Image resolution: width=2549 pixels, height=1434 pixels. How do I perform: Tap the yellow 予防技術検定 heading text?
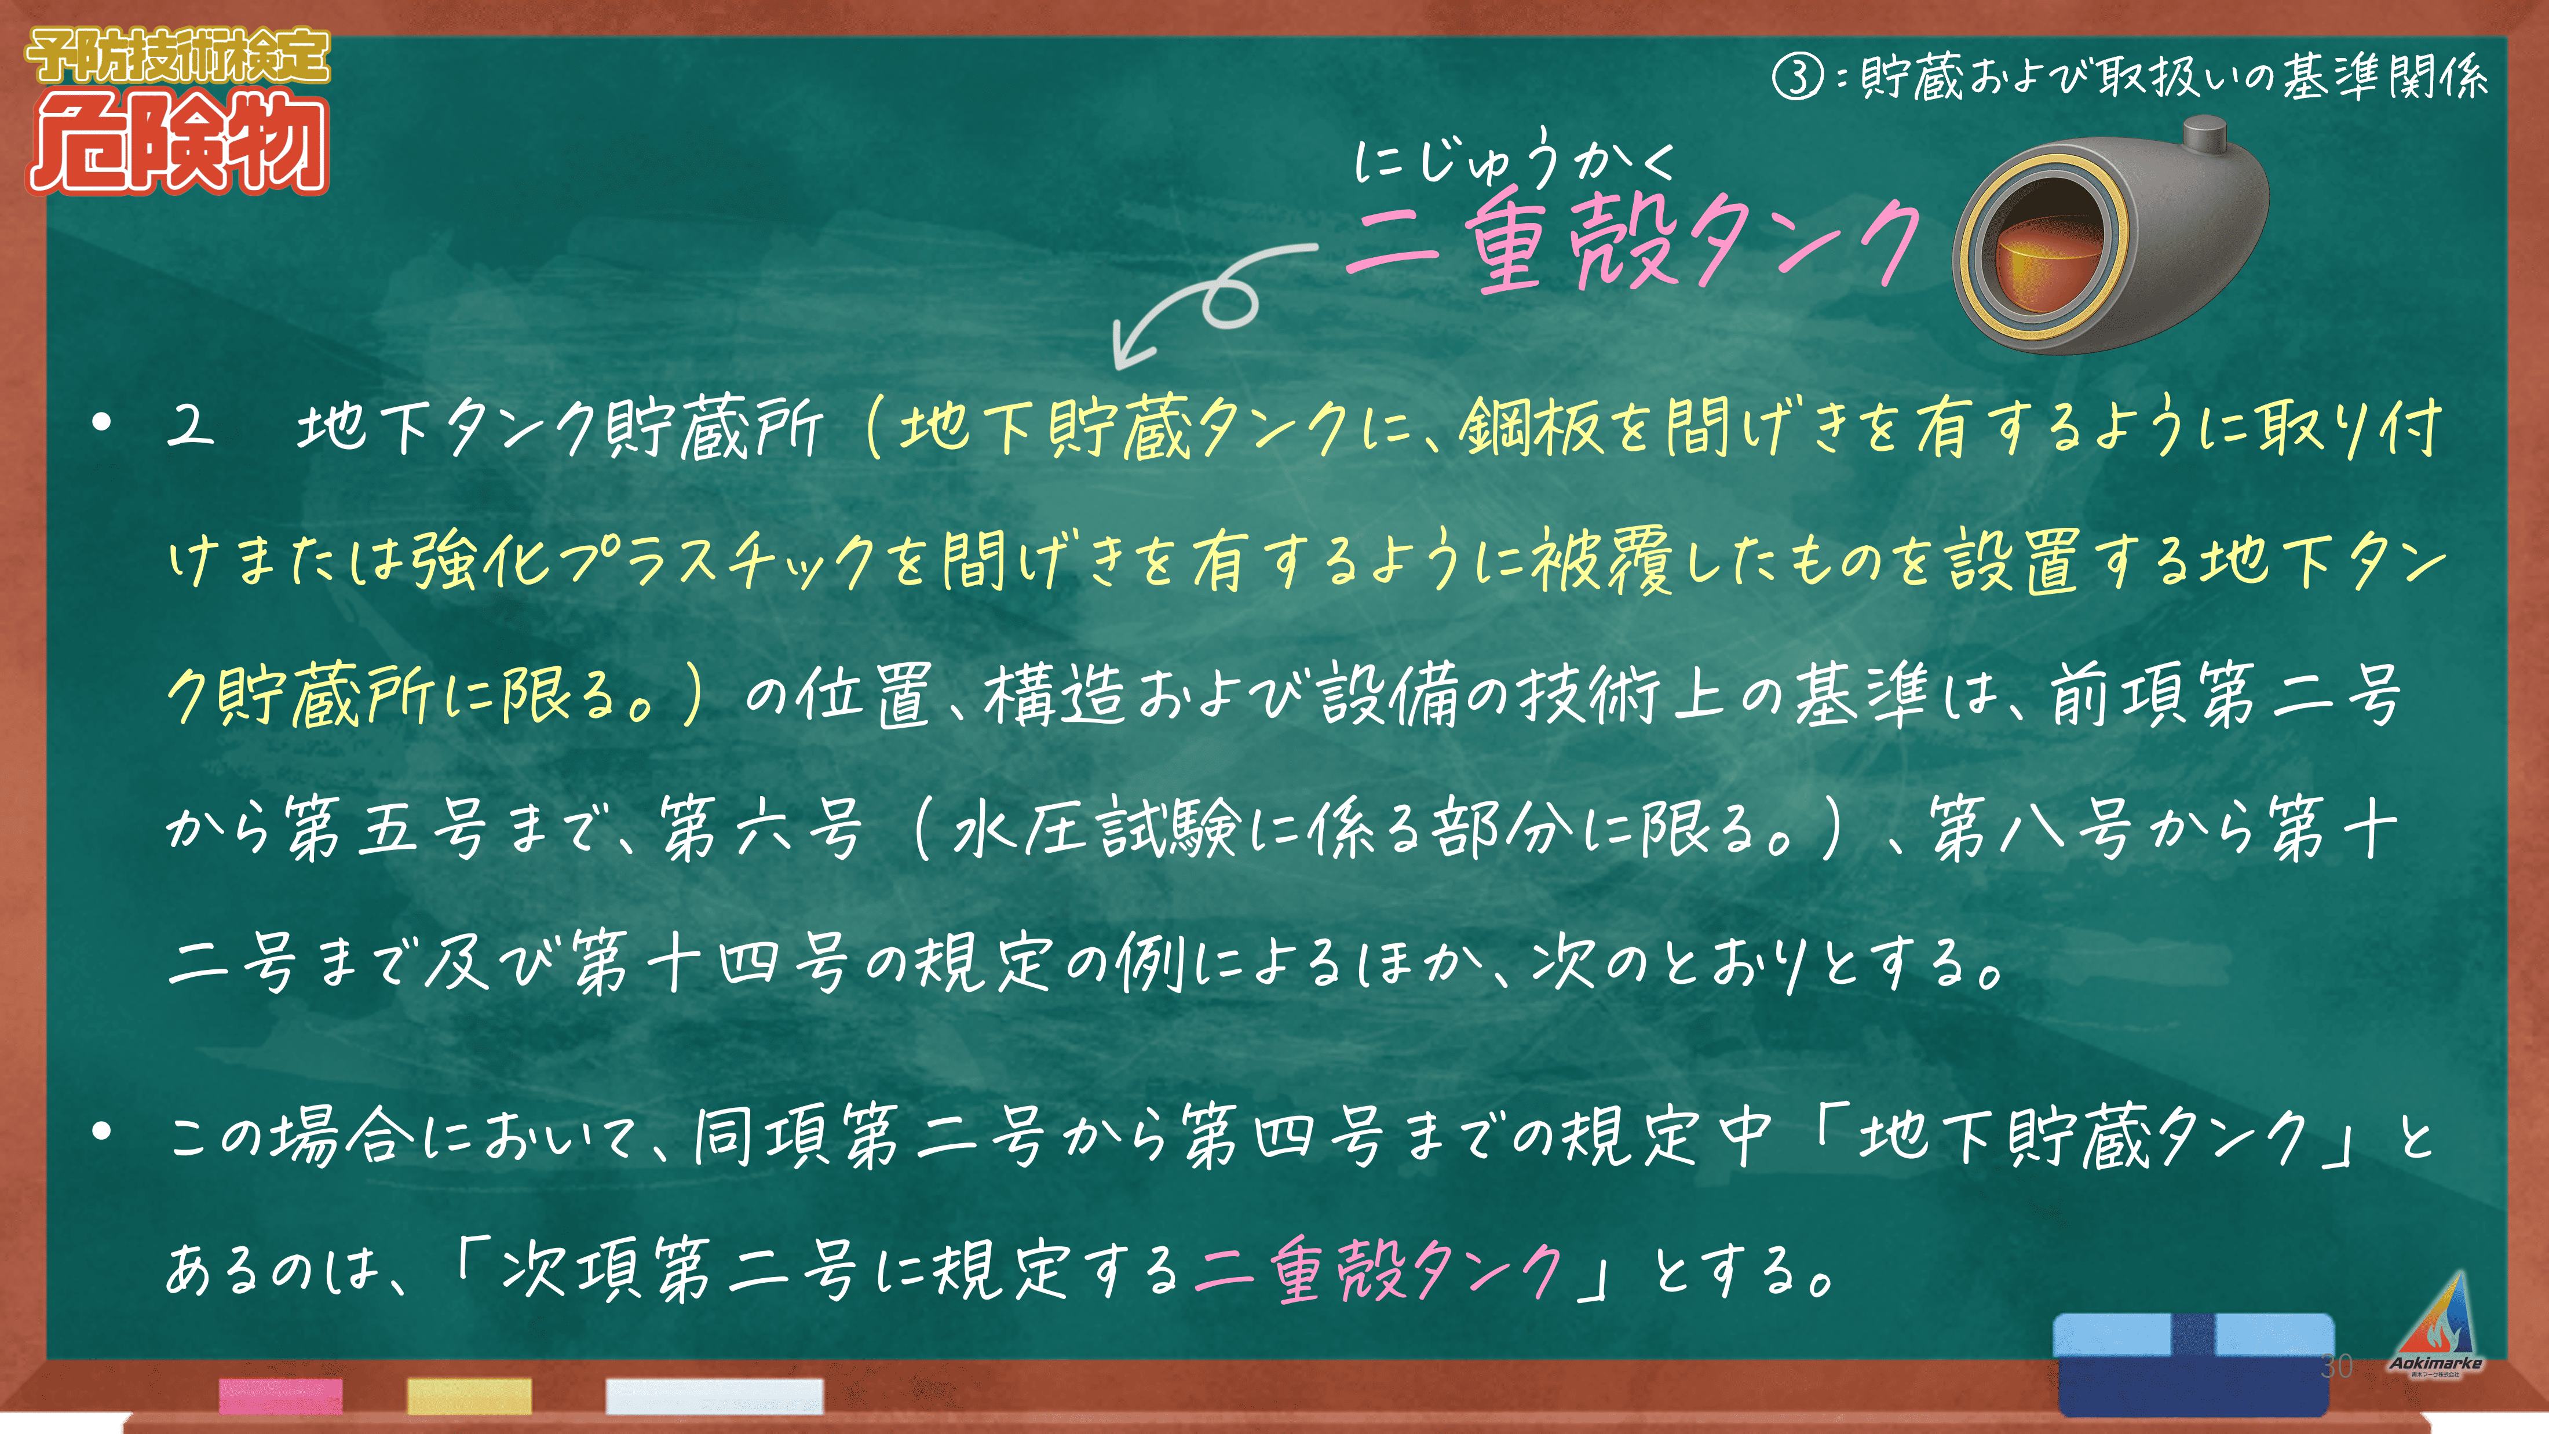(178, 56)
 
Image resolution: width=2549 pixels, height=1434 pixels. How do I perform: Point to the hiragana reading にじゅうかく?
(1513, 161)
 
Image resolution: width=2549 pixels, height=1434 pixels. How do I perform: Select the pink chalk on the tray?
(281, 1395)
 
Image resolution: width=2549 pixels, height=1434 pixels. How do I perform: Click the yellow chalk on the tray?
(469, 1395)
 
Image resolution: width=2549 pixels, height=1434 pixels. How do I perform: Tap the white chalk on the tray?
(714, 1395)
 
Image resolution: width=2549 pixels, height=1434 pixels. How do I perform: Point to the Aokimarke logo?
(2436, 1326)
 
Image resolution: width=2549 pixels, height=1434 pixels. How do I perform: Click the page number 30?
(2336, 1367)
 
